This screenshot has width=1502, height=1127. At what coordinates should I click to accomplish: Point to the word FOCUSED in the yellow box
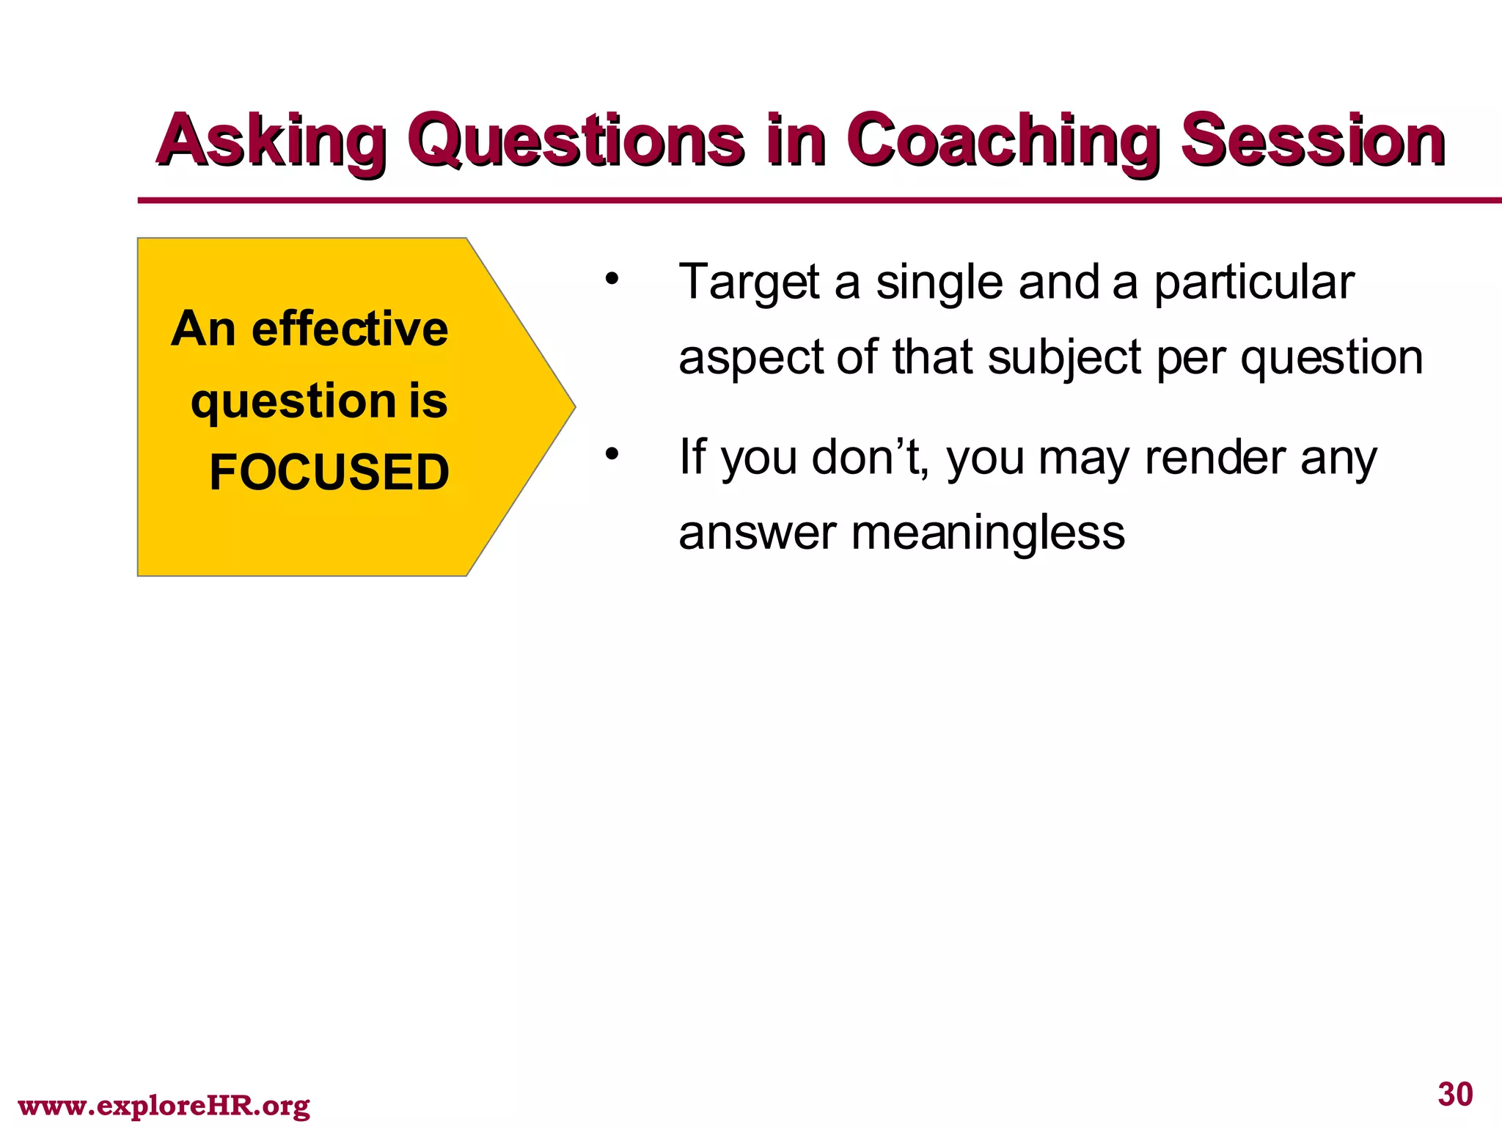pos(329,472)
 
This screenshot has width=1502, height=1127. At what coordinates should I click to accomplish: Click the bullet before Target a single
pos(612,280)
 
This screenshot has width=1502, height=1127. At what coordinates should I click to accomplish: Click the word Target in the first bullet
pos(748,282)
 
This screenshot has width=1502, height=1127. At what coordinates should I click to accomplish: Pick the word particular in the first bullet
pos(1254,282)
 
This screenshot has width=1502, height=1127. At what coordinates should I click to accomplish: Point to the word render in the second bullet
pos(1215,458)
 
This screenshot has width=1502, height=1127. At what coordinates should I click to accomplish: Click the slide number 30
pos(1455,1094)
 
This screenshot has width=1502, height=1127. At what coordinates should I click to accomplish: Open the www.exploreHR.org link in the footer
pos(164,1105)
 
